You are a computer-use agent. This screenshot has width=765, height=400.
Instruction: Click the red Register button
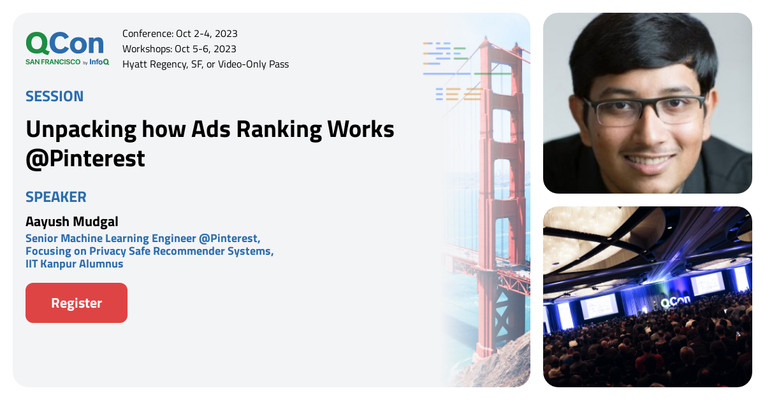76,303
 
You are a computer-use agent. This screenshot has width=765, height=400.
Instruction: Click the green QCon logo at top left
64,44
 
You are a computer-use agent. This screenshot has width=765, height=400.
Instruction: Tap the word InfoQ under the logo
99,62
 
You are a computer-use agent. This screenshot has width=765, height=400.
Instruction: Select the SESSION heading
54,96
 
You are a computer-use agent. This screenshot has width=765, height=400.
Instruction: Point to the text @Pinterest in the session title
85,159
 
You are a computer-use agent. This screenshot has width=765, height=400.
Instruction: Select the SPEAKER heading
55,197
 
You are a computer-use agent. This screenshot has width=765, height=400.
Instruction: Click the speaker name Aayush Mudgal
72,222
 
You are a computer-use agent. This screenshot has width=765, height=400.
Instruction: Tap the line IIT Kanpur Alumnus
74,264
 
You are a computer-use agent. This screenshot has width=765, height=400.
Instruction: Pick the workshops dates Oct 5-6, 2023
205,49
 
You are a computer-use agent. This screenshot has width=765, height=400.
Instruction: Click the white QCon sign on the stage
674,303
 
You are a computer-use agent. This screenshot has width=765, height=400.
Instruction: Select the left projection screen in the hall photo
599,306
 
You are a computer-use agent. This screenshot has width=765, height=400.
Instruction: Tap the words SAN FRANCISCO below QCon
53,62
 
